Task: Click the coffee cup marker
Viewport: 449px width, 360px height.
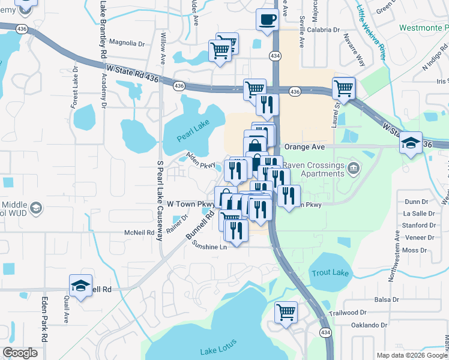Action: [x=267, y=19]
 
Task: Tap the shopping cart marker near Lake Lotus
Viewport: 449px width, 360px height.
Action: [x=286, y=311]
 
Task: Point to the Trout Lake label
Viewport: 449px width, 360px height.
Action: [x=330, y=273]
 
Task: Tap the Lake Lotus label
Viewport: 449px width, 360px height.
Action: [x=218, y=346]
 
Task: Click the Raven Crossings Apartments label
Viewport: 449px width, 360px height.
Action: [x=312, y=169]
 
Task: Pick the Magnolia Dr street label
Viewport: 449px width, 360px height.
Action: [x=128, y=43]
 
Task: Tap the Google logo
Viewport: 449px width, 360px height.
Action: [x=20, y=353]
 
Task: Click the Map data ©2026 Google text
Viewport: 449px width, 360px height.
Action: [x=412, y=355]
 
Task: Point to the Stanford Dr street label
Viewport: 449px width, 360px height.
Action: [x=420, y=226]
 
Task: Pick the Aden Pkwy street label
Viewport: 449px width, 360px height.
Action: [x=200, y=160]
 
